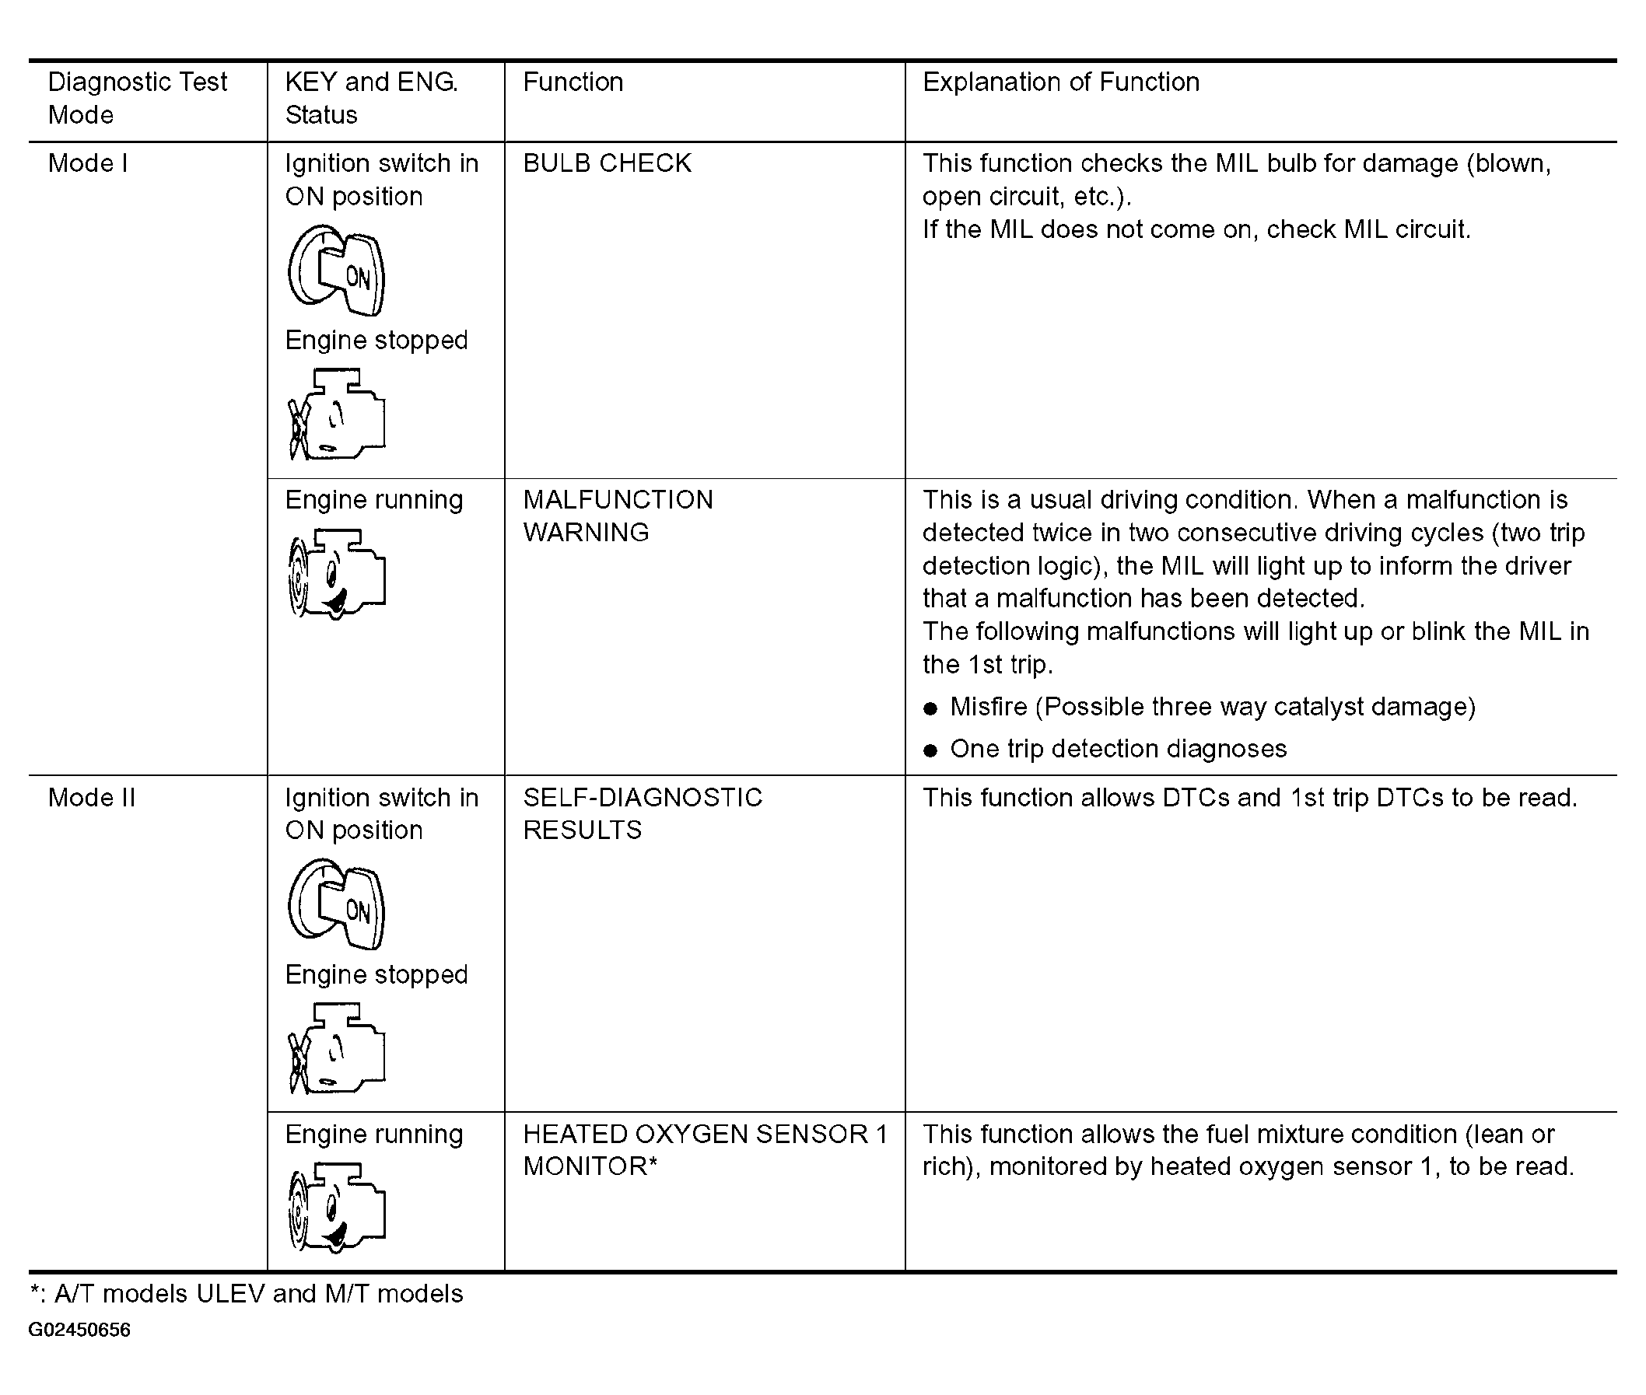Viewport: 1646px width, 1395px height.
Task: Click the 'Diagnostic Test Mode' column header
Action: (x=138, y=98)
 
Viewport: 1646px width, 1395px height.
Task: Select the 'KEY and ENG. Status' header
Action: (x=371, y=98)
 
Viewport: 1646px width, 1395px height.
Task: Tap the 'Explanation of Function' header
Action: (x=1061, y=82)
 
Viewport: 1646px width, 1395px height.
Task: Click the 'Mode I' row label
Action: (x=88, y=164)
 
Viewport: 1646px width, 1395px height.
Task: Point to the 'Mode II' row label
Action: (x=92, y=797)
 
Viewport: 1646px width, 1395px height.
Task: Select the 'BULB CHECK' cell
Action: (x=607, y=164)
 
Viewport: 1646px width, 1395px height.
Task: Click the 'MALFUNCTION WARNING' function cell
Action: (x=618, y=516)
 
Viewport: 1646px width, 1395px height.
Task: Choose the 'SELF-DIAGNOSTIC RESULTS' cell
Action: (x=643, y=813)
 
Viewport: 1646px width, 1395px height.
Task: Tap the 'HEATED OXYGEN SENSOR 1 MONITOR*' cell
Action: (x=705, y=1150)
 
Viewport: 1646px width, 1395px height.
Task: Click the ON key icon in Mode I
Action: (x=337, y=271)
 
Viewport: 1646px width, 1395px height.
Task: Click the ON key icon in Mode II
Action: (x=337, y=904)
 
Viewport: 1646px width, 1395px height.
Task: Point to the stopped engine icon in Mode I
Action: (x=337, y=414)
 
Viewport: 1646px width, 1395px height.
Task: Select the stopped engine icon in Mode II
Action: (x=337, y=1048)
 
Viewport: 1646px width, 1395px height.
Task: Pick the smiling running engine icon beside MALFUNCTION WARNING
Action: (x=337, y=574)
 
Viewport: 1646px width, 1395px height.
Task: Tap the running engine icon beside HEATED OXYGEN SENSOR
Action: (x=337, y=1208)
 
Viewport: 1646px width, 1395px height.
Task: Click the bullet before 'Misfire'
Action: (x=930, y=708)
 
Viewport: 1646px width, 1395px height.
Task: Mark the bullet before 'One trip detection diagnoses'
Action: (x=930, y=750)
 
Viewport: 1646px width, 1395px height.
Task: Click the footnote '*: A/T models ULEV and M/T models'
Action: (x=246, y=1294)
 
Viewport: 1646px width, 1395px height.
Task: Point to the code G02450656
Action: (x=79, y=1330)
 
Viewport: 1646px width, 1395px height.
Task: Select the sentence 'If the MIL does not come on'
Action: (x=1196, y=229)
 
